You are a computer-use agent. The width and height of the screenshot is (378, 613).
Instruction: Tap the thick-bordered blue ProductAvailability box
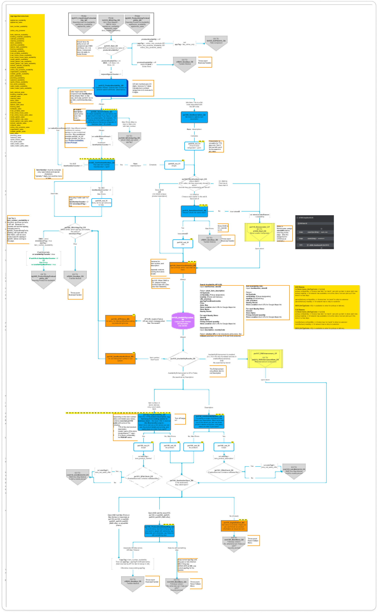tap(111, 88)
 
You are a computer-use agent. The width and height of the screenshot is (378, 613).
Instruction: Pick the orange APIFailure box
tap(120, 321)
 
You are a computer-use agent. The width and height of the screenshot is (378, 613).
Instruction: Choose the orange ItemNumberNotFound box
tap(120, 359)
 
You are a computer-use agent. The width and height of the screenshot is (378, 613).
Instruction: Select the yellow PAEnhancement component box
tap(265, 358)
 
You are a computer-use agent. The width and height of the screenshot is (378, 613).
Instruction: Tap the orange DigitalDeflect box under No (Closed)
tap(234, 525)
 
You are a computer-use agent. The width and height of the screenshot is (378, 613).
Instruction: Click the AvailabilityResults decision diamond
tap(183, 359)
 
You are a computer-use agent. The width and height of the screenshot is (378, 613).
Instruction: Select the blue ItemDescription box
tap(194, 117)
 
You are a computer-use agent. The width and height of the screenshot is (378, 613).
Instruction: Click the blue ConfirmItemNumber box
tap(102, 165)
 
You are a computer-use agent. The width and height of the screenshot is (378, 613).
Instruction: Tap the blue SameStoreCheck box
tap(194, 211)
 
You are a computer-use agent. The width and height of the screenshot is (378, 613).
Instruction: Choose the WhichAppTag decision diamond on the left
tap(75, 230)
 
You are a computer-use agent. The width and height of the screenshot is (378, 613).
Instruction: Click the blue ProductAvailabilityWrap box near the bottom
tap(159, 531)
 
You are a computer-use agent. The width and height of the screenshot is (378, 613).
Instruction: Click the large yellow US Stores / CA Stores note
tap(327, 307)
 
